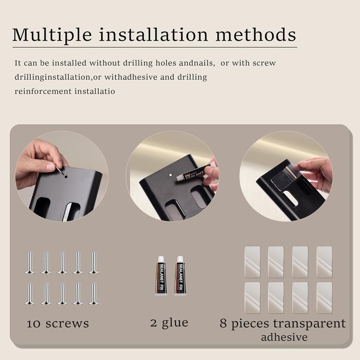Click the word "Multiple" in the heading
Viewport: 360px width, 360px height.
coord(52,35)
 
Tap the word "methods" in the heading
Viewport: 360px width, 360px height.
coord(256,34)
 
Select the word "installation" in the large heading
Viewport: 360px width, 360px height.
coord(153,34)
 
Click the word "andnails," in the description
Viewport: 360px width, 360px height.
coord(197,63)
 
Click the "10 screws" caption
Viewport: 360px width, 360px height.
coord(58,323)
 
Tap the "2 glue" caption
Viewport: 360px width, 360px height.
coord(169,323)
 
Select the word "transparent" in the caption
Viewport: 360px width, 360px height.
coord(309,323)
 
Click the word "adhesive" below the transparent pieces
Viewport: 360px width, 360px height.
coord(284,337)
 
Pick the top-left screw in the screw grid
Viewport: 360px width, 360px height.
coord(29,263)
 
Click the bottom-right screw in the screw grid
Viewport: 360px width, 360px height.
coord(94,294)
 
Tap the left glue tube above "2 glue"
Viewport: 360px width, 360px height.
coord(161,275)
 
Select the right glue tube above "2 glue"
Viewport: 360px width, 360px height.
coord(180,275)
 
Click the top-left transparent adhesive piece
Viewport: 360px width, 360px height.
coord(253,262)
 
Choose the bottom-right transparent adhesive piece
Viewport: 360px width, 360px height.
coord(325,298)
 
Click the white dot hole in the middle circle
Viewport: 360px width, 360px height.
coord(170,175)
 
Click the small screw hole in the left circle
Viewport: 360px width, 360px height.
coord(66,177)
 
